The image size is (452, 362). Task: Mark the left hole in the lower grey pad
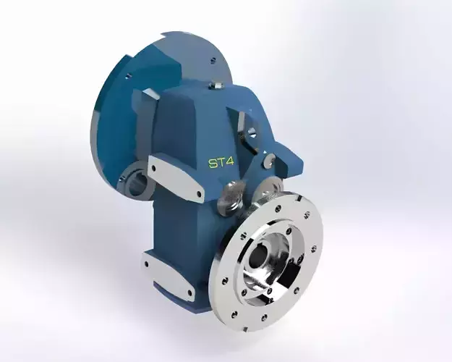click(148, 263)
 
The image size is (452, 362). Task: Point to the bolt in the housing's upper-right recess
click(250, 132)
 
